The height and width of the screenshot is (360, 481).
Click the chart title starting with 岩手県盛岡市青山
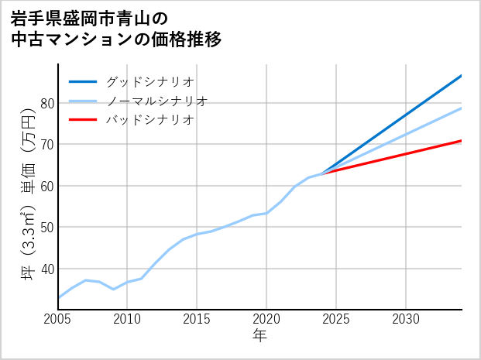(x=116, y=29)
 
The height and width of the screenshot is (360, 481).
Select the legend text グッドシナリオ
(x=150, y=81)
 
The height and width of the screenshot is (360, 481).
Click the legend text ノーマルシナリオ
(x=157, y=101)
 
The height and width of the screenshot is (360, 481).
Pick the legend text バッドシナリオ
(x=150, y=120)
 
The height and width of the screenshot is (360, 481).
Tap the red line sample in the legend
(x=83, y=120)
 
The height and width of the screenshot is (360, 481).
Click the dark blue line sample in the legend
(x=83, y=81)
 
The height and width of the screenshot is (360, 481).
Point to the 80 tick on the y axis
(x=46, y=103)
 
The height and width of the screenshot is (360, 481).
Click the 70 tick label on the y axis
(x=46, y=145)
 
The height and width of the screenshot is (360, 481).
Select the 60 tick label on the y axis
(x=46, y=186)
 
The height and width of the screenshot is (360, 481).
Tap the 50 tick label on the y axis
(x=46, y=228)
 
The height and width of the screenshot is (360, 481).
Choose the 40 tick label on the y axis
(x=46, y=269)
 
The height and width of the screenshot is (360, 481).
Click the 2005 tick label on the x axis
(x=58, y=319)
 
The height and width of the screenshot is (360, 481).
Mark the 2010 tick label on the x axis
(x=128, y=319)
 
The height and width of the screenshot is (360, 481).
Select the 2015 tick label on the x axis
(x=198, y=319)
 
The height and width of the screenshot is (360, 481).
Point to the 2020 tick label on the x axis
(x=266, y=319)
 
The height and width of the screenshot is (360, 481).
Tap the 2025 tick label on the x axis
(x=336, y=319)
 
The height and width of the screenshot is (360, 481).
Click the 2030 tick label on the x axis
(x=406, y=319)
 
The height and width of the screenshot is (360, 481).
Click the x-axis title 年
(x=259, y=336)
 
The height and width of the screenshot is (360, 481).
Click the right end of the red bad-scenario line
(x=461, y=141)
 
